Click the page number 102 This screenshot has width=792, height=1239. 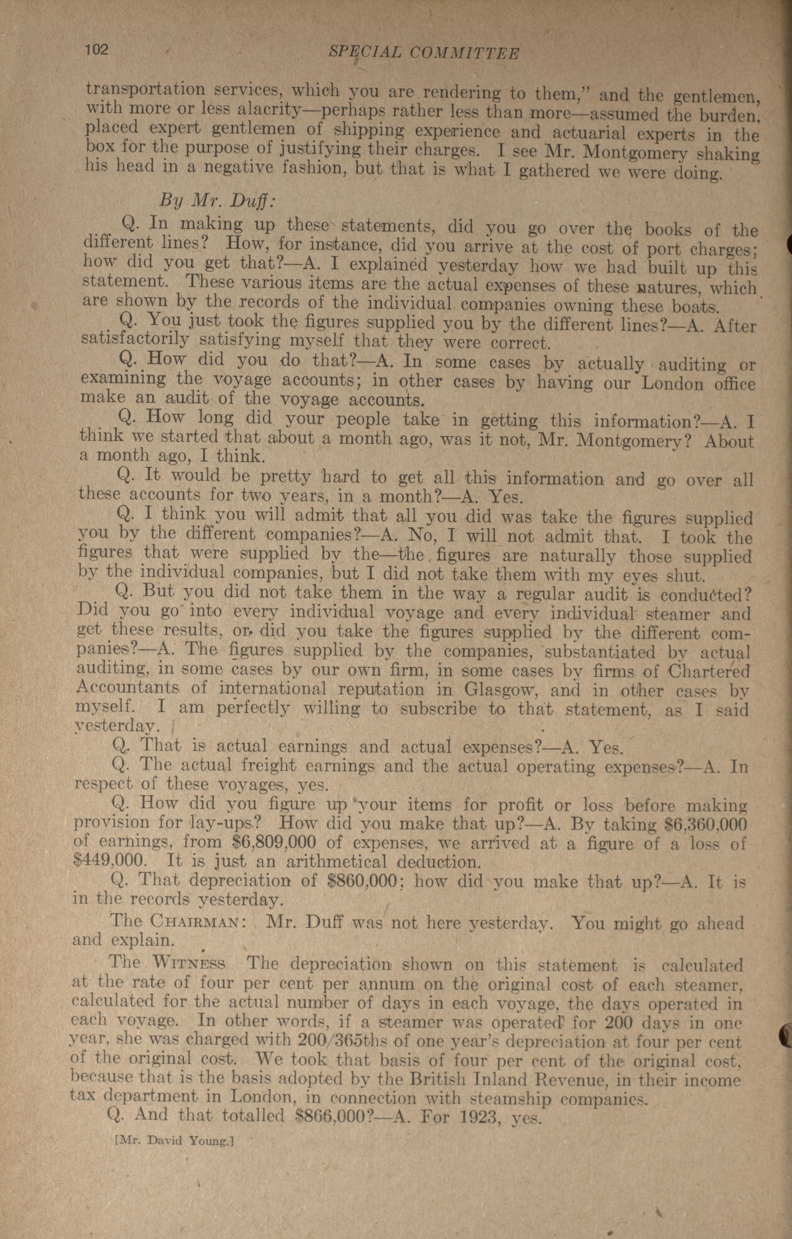point(96,50)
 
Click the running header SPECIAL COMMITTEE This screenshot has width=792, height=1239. point(423,52)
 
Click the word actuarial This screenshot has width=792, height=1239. point(589,133)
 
